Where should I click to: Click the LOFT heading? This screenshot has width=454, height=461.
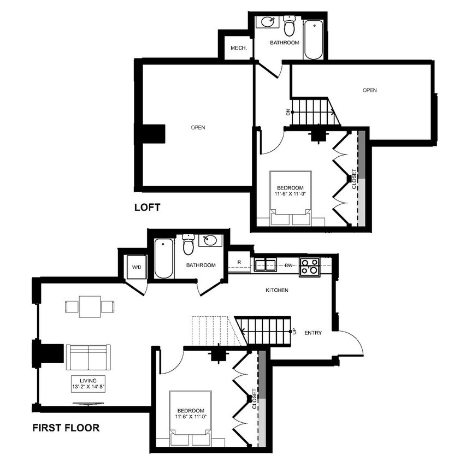pos(148,207)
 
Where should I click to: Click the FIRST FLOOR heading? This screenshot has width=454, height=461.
pos(66,428)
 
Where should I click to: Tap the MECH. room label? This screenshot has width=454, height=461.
pos(239,48)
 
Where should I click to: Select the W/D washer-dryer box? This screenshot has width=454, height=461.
pos(137,267)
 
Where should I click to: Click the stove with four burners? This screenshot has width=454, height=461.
pos(309,267)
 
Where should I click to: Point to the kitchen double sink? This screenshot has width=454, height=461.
pos(265,264)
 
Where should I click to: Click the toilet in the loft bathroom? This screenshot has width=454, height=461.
pos(289,25)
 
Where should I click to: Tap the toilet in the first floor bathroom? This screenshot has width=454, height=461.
pos(188,244)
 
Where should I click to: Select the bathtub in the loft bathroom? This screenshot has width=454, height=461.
pos(314,40)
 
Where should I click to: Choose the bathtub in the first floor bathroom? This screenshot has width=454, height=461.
pos(163,258)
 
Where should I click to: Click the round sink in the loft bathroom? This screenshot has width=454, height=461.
pos(268,22)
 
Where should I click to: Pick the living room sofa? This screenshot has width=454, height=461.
pos(88,357)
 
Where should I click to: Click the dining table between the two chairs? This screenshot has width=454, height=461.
pos(90,306)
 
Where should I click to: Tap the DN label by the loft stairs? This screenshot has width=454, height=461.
pos(288,112)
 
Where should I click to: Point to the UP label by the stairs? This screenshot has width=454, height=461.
pos(295,332)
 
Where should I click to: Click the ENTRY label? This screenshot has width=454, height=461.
pos(313,333)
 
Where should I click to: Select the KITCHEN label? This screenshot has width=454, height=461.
pos(276,290)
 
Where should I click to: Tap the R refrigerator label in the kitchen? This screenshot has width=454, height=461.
pos(239,262)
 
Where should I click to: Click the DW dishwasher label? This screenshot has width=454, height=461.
pos(289,265)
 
